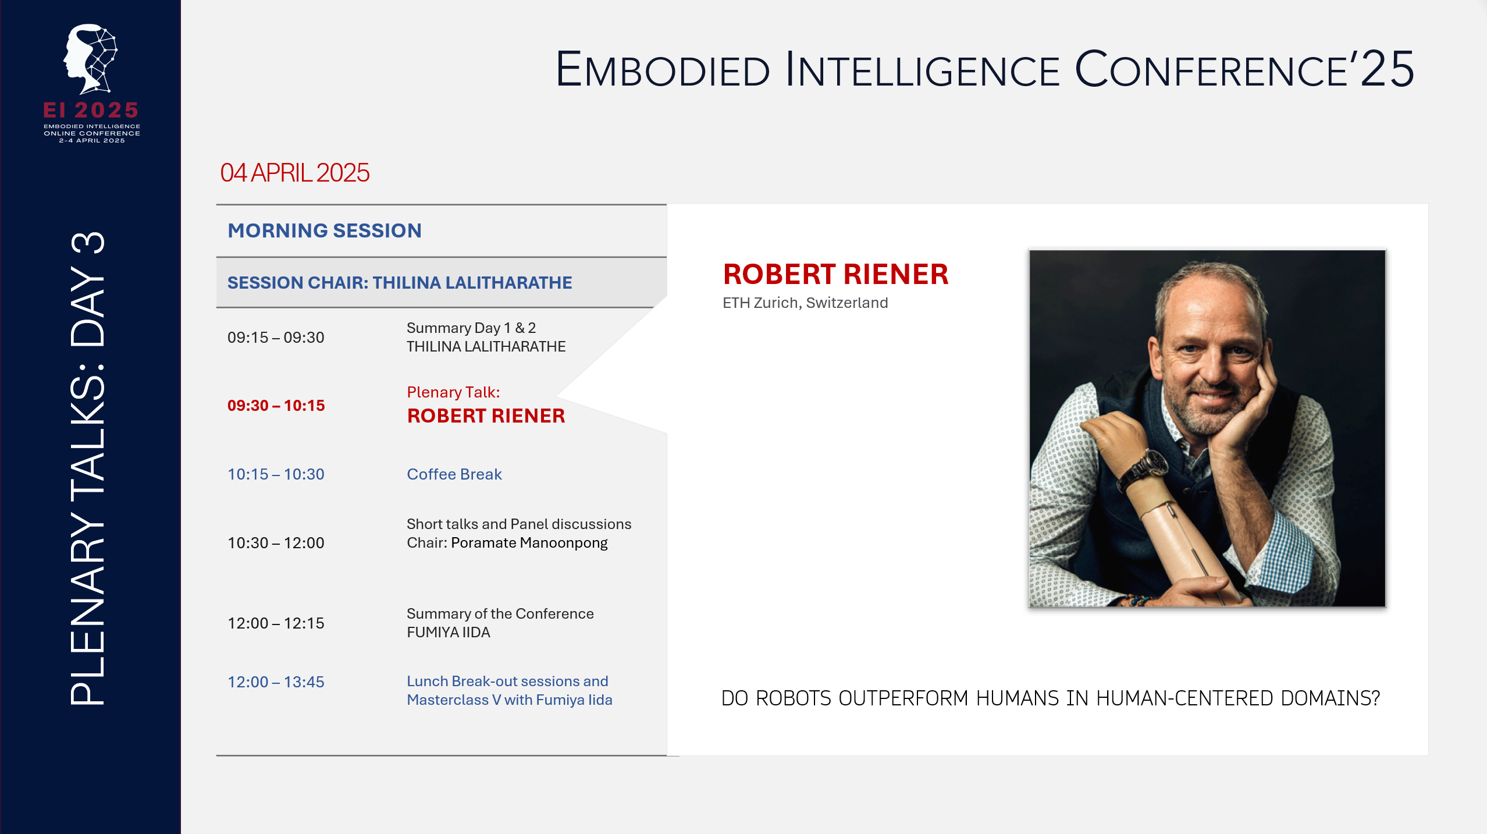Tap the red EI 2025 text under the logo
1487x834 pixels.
pyautogui.click(x=91, y=111)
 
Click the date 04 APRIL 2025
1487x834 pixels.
pyautogui.click(x=294, y=173)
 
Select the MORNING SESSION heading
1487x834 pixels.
pyautogui.click(x=324, y=230)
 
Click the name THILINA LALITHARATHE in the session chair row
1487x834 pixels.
pyautogui.click(x=472, y=283)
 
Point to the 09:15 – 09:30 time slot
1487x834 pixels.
pyautogui.click(x=276, y=338)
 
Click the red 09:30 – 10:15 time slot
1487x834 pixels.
pyautogui.click(x=276, y=406)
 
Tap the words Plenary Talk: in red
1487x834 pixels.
pyautogui.click(x=453, y=392)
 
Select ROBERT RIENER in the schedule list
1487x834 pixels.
pyautogui.click(x=486, y=416)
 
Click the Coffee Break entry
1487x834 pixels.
pyautogui.click(x=454, y=474)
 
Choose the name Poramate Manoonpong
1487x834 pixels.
pyautogui.click(x=529, y=543)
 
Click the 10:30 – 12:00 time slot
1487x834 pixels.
pyautogui.click(x=276, y=543)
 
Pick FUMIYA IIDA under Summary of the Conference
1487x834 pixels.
pyautogui.click(x=448, y=633)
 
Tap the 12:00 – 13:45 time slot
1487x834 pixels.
pyautogui.click(x=276, y=682)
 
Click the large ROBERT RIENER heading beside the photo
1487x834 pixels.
pyautogui.click(x=835, y=275)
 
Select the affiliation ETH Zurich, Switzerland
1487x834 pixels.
pyautogui.click(x=805, y=303)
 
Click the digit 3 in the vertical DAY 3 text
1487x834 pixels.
pyautogui.click(x=88, y=243)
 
